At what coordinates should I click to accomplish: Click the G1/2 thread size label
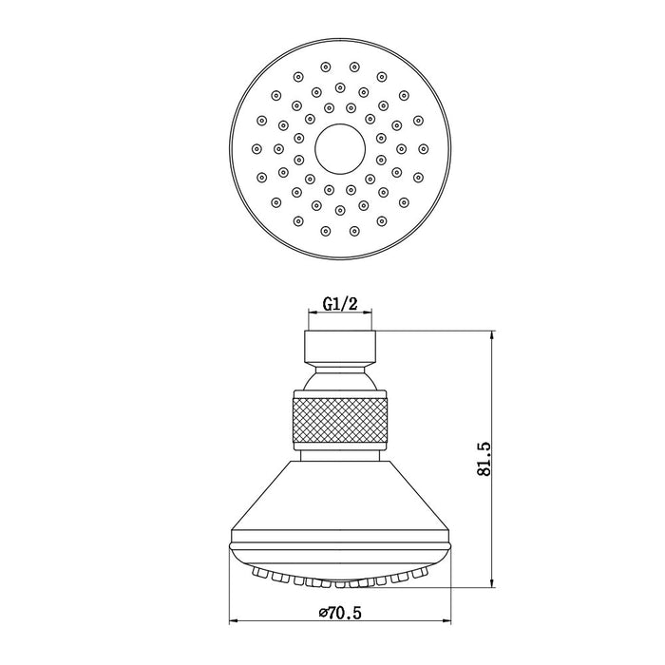click(x=340, y=304)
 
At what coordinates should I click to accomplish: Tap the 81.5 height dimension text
click(x=484, y=459)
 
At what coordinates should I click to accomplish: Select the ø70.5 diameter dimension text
click(x=340, y=613)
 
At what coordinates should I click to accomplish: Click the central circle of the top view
click(x=340, y=149)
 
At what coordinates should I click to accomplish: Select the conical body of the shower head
click(x=340, y=495)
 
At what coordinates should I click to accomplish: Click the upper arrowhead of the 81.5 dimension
click(x=492, y=336)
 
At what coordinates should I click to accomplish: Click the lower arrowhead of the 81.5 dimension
click(x=492, y=581)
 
